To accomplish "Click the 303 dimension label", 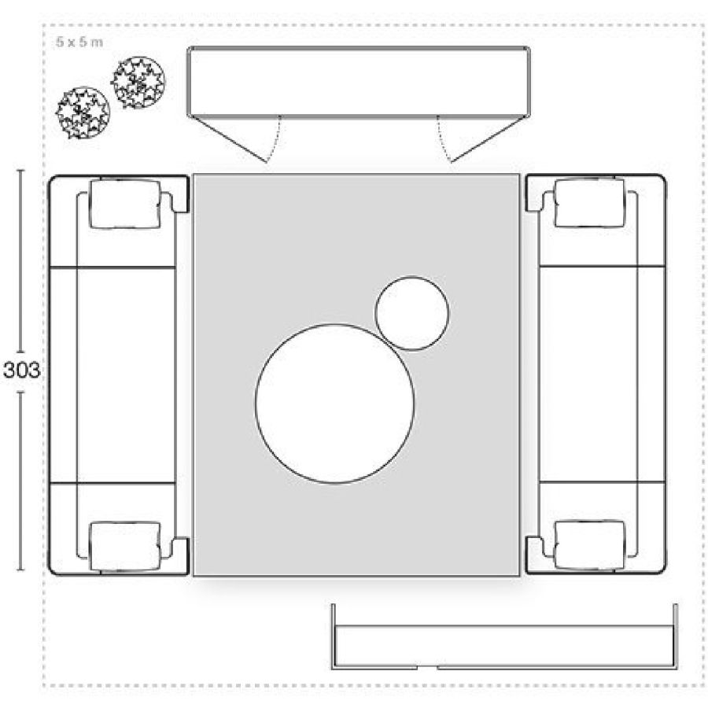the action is click(x=22, y=371).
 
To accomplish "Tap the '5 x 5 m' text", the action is click(x=79, y=42).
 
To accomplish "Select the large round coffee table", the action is click(x=334, y=404).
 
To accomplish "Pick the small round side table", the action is click(x=411, y=313).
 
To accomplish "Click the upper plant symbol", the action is click(x=138, y=83).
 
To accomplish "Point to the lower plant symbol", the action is click(x=83, y=112).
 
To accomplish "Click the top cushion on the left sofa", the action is click(x=125, y=204).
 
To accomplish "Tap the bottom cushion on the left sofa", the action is click(x=125, y=547).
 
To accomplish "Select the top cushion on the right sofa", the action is click(x=590, y=203).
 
